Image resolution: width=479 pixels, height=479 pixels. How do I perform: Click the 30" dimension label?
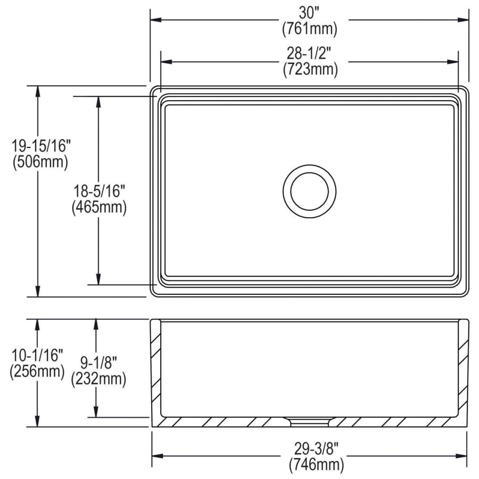309,13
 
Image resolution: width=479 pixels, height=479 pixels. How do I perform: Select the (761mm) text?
310,29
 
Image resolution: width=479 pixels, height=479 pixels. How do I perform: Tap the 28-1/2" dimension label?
309,53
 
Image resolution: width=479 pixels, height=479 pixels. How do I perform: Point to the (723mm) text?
310,69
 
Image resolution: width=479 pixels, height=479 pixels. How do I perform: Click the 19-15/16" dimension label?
41,146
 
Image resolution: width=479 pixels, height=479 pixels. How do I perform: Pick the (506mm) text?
40,162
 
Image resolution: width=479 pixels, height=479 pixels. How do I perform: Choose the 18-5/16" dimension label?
100,191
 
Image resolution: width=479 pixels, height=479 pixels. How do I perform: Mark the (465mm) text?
100,208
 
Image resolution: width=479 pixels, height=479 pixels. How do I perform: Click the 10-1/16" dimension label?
37,356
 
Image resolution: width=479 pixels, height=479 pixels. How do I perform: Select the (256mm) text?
37,371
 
